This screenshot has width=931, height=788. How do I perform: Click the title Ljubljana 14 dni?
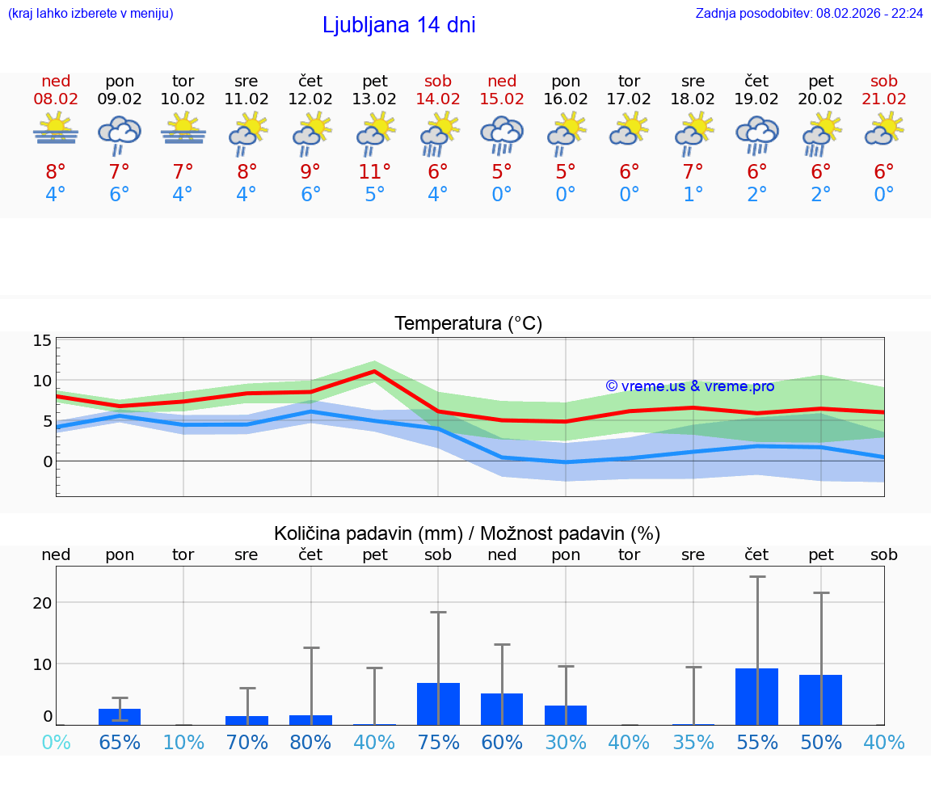398,25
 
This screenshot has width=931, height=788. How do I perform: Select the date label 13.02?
374,99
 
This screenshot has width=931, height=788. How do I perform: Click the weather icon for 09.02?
120,134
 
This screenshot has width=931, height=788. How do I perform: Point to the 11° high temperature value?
374,171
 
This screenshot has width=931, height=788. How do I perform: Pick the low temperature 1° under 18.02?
693,194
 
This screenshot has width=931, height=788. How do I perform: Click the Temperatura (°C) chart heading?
468,324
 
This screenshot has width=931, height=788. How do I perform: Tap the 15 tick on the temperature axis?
42,340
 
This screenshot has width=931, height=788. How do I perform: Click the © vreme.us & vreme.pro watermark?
689,386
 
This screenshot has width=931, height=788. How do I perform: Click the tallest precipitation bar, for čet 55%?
756,696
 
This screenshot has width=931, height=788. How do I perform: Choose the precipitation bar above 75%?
438,703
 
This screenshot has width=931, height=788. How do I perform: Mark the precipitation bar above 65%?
120,716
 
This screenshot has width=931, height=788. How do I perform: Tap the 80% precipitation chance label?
310,742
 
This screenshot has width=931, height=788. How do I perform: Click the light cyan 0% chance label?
56,742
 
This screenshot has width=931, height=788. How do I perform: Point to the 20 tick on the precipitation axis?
42,603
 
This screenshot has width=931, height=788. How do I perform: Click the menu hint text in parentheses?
91,14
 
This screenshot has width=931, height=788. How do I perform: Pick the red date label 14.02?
438,99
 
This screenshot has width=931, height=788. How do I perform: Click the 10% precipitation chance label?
183,742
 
